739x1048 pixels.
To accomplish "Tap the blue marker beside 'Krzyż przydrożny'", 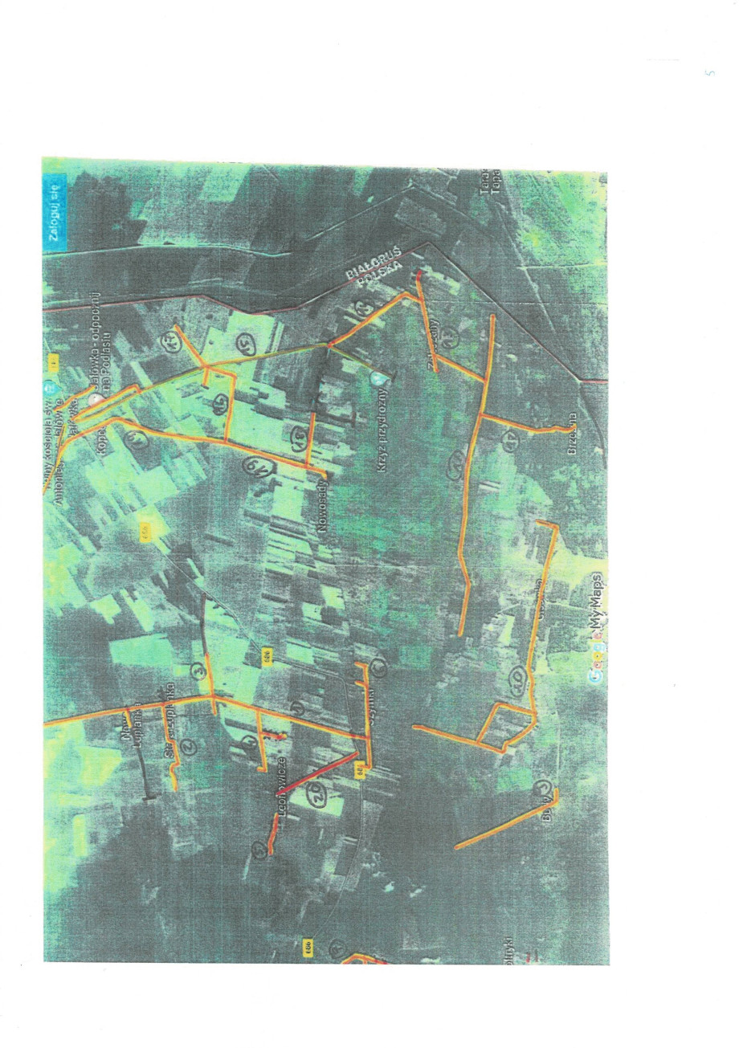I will click(378, 375).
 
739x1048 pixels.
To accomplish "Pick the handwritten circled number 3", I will click(198, 671).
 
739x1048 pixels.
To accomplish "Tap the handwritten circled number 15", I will click(243, 345).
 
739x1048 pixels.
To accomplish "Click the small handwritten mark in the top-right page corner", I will click(708, 74).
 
